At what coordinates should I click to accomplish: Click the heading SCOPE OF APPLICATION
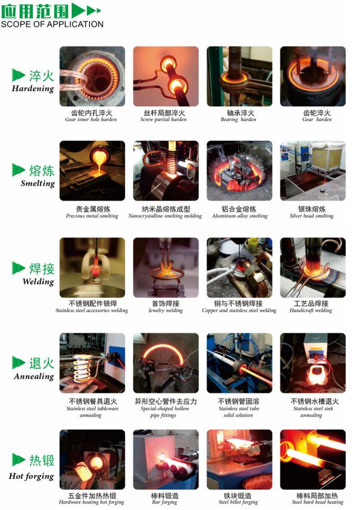click(52, 24)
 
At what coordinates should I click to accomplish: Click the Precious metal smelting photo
click(92, 171)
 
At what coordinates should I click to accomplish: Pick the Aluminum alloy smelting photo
click(239, 171)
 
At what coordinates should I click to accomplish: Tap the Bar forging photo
click(166, 459)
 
